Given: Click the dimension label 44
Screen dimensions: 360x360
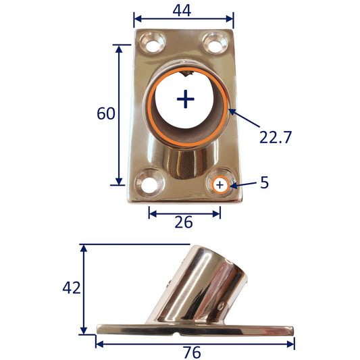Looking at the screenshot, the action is pyautogui.click(x=182, y=11).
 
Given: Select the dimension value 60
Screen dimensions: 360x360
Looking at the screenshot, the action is pyautogui.click(x=106, y=113).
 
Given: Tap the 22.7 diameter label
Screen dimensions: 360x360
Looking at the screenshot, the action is pyautogui.click(x=276, y=137).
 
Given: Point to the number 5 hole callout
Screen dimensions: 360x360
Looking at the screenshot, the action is pyautogui.click(x=264, y=182).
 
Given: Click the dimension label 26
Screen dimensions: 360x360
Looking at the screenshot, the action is pyautogui.click(x=184, y=222).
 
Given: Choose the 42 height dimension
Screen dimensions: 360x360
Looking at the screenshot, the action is pyautogui.click(x=72, y=288).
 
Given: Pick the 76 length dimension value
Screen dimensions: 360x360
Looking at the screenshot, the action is pyautogui.click(x=192, y=352).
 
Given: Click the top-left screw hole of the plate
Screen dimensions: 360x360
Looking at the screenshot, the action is pyautogui.click(x=153, y=44).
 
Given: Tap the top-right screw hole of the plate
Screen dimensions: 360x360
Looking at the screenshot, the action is pyautogui.click(x=215, y=44).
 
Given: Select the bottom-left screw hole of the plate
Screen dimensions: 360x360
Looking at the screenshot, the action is pyautogui.click(x=149, y=185).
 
